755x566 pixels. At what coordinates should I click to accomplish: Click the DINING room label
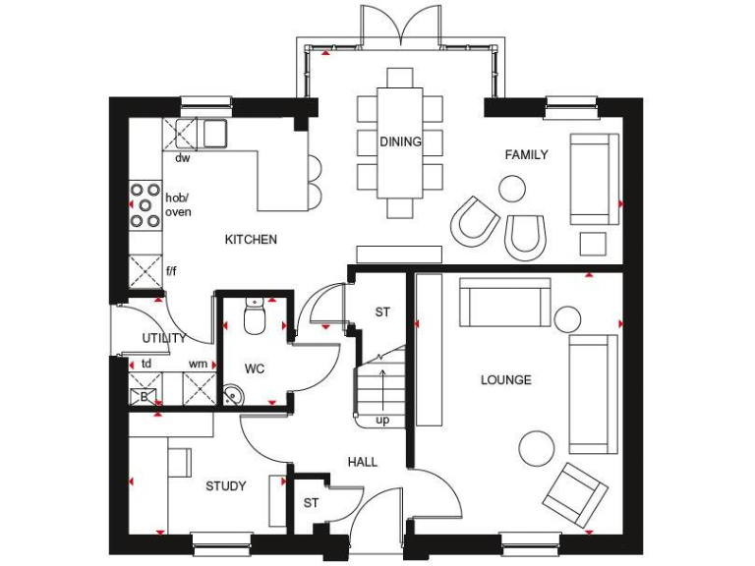(x=400, y=141)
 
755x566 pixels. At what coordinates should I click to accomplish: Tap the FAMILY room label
(x=526, y=154)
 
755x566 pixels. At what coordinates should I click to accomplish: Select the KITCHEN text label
(x=251, y=239)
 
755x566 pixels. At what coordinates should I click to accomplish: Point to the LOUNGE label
(x=505, y=379)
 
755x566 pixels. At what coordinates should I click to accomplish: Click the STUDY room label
(x=225, y=485)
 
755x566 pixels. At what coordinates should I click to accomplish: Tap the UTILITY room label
(x=164, y=338)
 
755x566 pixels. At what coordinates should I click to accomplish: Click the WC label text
(x=255, y=368)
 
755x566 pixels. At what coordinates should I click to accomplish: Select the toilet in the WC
(x=254, y=317)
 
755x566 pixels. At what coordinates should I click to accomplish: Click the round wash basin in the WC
(x=233, y=395)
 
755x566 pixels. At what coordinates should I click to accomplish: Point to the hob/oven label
(x=178, y=203)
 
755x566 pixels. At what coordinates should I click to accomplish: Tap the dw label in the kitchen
(x=182, y=157)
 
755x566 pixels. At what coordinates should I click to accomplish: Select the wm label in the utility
(x=199, y=363)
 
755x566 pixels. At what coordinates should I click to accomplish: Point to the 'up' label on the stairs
(x=381, y=420)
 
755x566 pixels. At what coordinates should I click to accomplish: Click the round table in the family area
(x=512, y=187)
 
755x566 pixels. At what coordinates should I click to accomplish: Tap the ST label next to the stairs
(x=382, y=311)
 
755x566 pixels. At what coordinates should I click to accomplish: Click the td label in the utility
(x=145, y=363)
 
